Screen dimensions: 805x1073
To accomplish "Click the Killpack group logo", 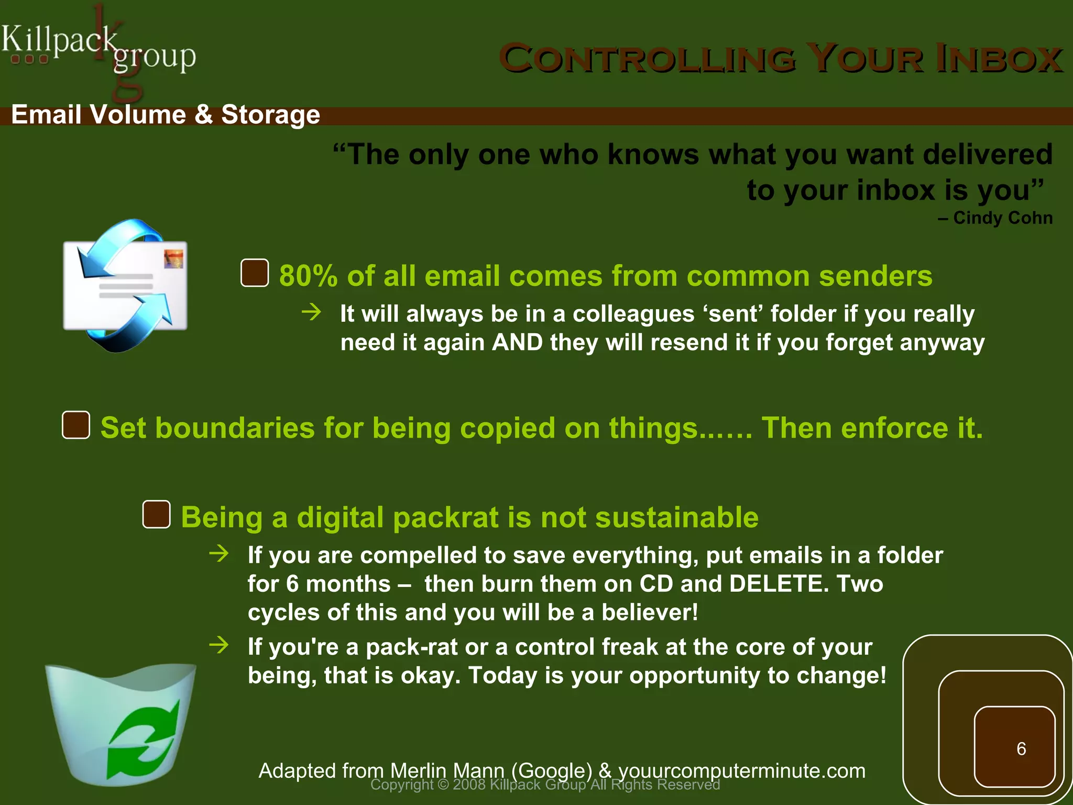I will pyautogui.click(x=98, y=50).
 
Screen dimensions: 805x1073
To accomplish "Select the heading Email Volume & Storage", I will pyautogui.click(x=166, y=115).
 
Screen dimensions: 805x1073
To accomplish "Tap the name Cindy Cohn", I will pyautogui.click(x=1002, y=218).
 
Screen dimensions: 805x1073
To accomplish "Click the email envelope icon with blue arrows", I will pyautogui.click(x=125, y=286).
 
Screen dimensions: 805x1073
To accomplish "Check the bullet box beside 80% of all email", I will pyautogui.click(x=255, y=273).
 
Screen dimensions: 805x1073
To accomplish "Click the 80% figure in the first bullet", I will pyautogui.click(x=308, y=276).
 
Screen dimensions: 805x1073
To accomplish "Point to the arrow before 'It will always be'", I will pyautogui.click(x=312, y=313).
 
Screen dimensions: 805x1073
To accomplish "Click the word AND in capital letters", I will pyautogui.click(x=517, y=343).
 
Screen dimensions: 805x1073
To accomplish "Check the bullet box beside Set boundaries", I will pyautogui.click(x=76, y=425).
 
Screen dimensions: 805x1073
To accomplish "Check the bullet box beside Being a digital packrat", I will pyautogui.click(x=156, y=515).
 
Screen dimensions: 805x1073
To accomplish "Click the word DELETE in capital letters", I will pyautogui.click(x=775, y=584).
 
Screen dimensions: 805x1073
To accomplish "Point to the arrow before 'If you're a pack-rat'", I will pyautogui.click(x=219, y=645).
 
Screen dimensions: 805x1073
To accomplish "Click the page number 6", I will pyautogui.click(x=1021, y=749).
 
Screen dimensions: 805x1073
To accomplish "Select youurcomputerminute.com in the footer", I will pyautogui.click(x=742, y=771).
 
